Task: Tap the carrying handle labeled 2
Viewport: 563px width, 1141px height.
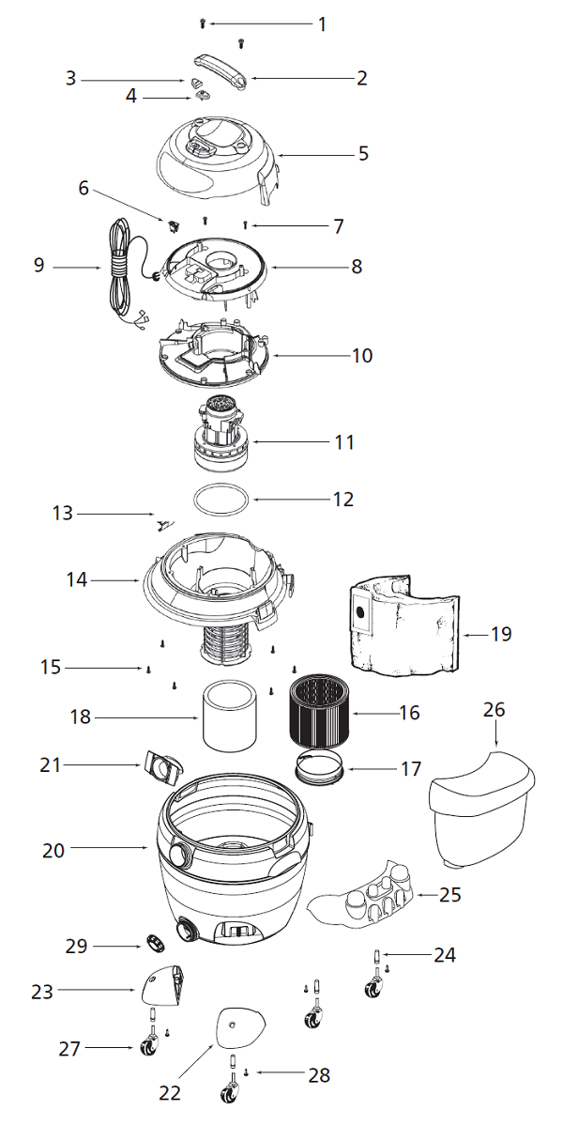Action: [222, 74]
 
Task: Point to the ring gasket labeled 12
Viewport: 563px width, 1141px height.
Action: [222, 500]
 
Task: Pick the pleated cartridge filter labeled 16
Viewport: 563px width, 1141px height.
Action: [318, 713]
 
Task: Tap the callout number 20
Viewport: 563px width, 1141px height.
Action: [53, 851]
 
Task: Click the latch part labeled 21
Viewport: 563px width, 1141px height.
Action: [163, 767]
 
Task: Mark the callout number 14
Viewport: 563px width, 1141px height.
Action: [76, 580]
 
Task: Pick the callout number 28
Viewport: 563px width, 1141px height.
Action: [319, 1075]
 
